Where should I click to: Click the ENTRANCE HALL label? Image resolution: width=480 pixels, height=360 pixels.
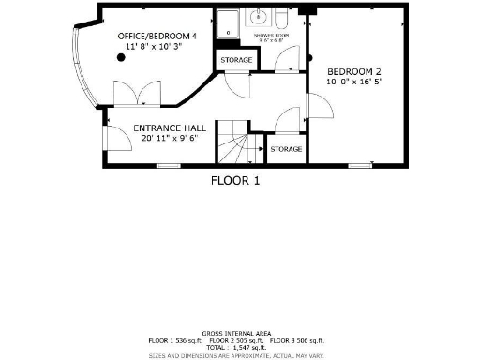tap(170, 128)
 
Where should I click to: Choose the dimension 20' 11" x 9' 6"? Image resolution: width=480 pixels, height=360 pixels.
tap(170, 139)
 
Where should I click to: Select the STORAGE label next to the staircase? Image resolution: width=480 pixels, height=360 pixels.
tap(286, 150)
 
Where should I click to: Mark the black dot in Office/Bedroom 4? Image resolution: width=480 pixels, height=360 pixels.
tap(121, 58)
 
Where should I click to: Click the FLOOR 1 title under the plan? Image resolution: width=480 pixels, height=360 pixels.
tap(233, 179)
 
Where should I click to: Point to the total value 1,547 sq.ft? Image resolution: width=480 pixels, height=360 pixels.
tap(239, 346)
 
